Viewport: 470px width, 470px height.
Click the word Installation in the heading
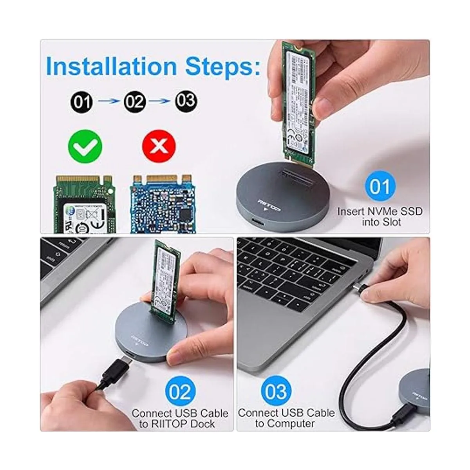pos(111,66)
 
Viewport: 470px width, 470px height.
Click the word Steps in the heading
pos(222,66)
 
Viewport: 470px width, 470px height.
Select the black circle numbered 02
pos(134,102)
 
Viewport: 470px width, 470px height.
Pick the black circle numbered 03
pos(186,101)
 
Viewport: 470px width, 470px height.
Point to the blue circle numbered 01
pos(380,186)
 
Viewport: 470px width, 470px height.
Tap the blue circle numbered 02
pos(180,392)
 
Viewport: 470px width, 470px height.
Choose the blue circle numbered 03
pos(276,391)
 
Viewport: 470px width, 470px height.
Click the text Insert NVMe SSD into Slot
pos(380,217)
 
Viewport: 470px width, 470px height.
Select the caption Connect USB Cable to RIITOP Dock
pos(180,418)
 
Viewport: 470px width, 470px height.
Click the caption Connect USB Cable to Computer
pos(286,418)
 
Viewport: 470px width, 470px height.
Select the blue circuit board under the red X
pos(162,204)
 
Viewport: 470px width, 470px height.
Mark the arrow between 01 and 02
pos(108,101)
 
